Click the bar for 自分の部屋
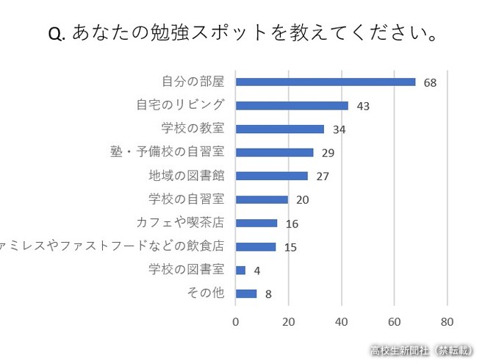pos(326,82)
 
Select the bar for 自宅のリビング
pos(292,105)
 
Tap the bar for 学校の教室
pos(280,129)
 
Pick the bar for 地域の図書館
pos(271,176)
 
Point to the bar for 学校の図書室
pos(240,270)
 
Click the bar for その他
pos(246,293)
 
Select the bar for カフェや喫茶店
pos(256,223)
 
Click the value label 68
pos(430,82)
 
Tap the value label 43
pos(362,106)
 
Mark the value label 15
pos(290,247)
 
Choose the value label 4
pos(257,271)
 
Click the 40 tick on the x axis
pos(342,321)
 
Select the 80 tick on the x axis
pos(447,321)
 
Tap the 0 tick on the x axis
pos(236,321)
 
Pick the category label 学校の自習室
pos(186,199)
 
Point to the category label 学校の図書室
pos(186,270)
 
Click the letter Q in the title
pos(56,35)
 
